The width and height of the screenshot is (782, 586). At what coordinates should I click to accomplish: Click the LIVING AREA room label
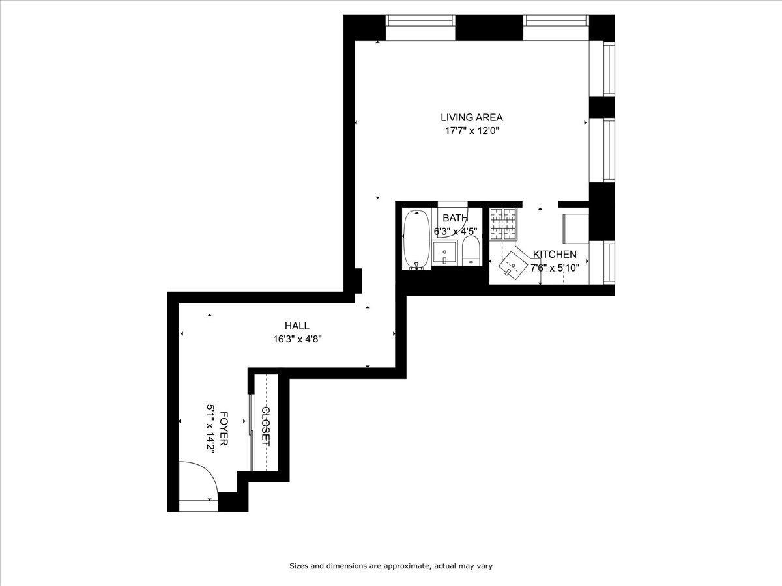471,118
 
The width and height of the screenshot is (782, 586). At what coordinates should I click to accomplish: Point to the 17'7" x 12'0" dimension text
471,131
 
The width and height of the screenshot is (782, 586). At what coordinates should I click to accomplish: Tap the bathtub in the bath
415,239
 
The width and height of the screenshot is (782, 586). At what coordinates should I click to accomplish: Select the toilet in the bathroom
471,251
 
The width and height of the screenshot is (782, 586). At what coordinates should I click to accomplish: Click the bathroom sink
445,253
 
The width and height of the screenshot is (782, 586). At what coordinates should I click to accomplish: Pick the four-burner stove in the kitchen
502,223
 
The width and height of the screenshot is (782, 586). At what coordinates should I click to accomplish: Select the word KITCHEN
555,255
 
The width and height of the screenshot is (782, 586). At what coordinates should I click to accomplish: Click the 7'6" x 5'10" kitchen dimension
555,267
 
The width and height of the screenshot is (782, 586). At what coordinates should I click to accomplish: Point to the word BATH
455,218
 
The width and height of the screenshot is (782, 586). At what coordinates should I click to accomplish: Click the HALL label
297,326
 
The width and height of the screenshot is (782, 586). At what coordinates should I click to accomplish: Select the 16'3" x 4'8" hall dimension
297,339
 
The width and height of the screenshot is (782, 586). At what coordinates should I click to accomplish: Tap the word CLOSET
266,426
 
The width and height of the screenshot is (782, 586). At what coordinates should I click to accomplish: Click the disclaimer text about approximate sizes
394,566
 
